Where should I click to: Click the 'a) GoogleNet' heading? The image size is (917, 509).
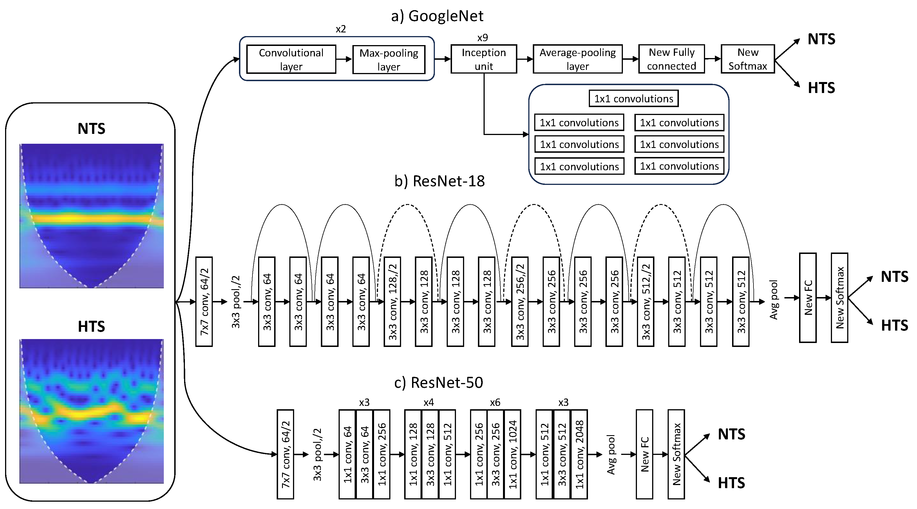tap(437, 16)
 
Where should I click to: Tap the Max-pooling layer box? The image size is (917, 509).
tap(389, 59)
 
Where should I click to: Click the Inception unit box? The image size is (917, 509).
tap(484, 59)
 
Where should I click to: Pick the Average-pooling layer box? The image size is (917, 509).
tap(577, 59)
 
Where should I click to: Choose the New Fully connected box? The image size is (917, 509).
tap(671, 59)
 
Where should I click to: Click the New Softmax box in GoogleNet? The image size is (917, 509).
tap(748, 59)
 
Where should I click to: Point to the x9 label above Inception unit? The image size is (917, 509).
tap(482, 37)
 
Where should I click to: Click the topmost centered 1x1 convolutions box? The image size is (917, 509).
tap(633, 99)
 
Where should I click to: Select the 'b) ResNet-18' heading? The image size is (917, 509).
tap(439, 181)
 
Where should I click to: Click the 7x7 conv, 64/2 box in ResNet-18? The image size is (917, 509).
tap(204, 302)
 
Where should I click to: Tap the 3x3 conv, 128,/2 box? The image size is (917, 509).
tap(392, 302)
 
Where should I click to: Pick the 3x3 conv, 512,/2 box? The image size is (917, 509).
tap(645, 302)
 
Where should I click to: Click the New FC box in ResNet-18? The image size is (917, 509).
tap(808, 298)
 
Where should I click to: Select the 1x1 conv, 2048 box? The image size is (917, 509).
tap(579, 454)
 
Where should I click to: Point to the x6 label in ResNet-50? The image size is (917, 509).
tap(495, 402)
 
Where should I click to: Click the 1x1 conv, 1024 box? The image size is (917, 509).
tap(513, 454)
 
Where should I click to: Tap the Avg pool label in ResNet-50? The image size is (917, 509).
tap(611, 454)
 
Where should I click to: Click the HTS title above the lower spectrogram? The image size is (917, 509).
tap(91, 326)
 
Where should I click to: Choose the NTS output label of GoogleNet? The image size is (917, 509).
tap(821, 39)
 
